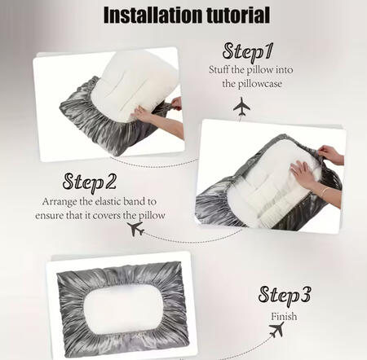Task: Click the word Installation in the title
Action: click(x=153, y=15)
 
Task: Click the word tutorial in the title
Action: click(x=238, y=15)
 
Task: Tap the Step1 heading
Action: click(x=247, y=52)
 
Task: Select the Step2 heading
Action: click(x=90, y=182)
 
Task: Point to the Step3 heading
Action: click(x=285, y=296)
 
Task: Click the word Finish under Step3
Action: click(x=284, y=317)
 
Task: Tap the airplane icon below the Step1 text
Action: click(x=241, y=106)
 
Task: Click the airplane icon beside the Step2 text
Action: click(x=135, y=229)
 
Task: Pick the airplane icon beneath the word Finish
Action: click(x=276, y=330)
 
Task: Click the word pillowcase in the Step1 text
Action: click(x=252, y=84)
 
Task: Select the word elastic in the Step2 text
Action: click(x=108, y=201)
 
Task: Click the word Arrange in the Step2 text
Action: click(x=60, y=202)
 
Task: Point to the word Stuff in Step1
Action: click(x=219, y=69)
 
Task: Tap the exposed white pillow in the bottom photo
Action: click(x=123, y=309)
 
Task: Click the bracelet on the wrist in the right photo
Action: click(x=324, y=191)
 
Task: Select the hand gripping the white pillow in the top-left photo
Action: click(x=141, y=114)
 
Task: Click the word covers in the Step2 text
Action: click(x=107, y=216)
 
